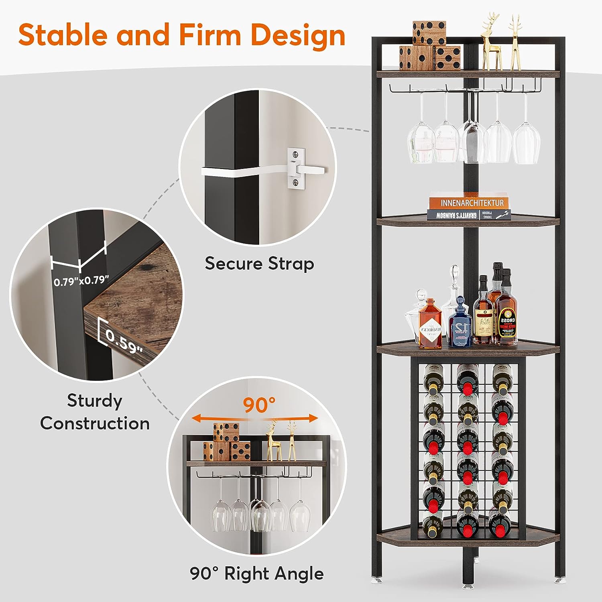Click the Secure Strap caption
(x=259, y=264)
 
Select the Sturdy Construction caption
(x=95, y=412)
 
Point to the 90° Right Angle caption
(x=257, y=574)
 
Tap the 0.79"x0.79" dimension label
(x=81, y=281)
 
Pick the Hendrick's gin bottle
(x=430, y=325)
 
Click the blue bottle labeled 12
(x=460, y=325)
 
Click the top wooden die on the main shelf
(x=429, y=33)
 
